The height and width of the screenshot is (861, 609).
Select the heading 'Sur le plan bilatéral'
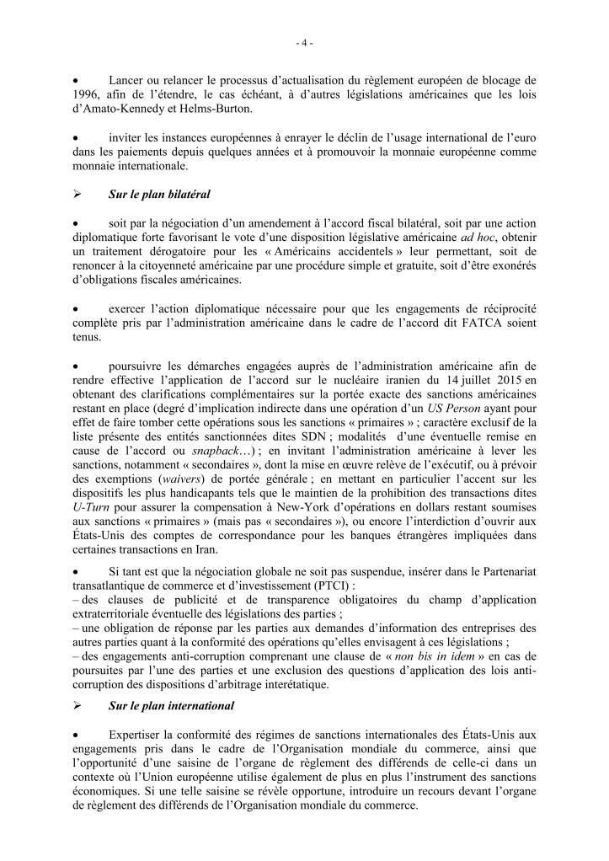click(x=159, y=193)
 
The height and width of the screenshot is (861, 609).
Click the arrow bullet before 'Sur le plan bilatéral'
click(x=77, y=193)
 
